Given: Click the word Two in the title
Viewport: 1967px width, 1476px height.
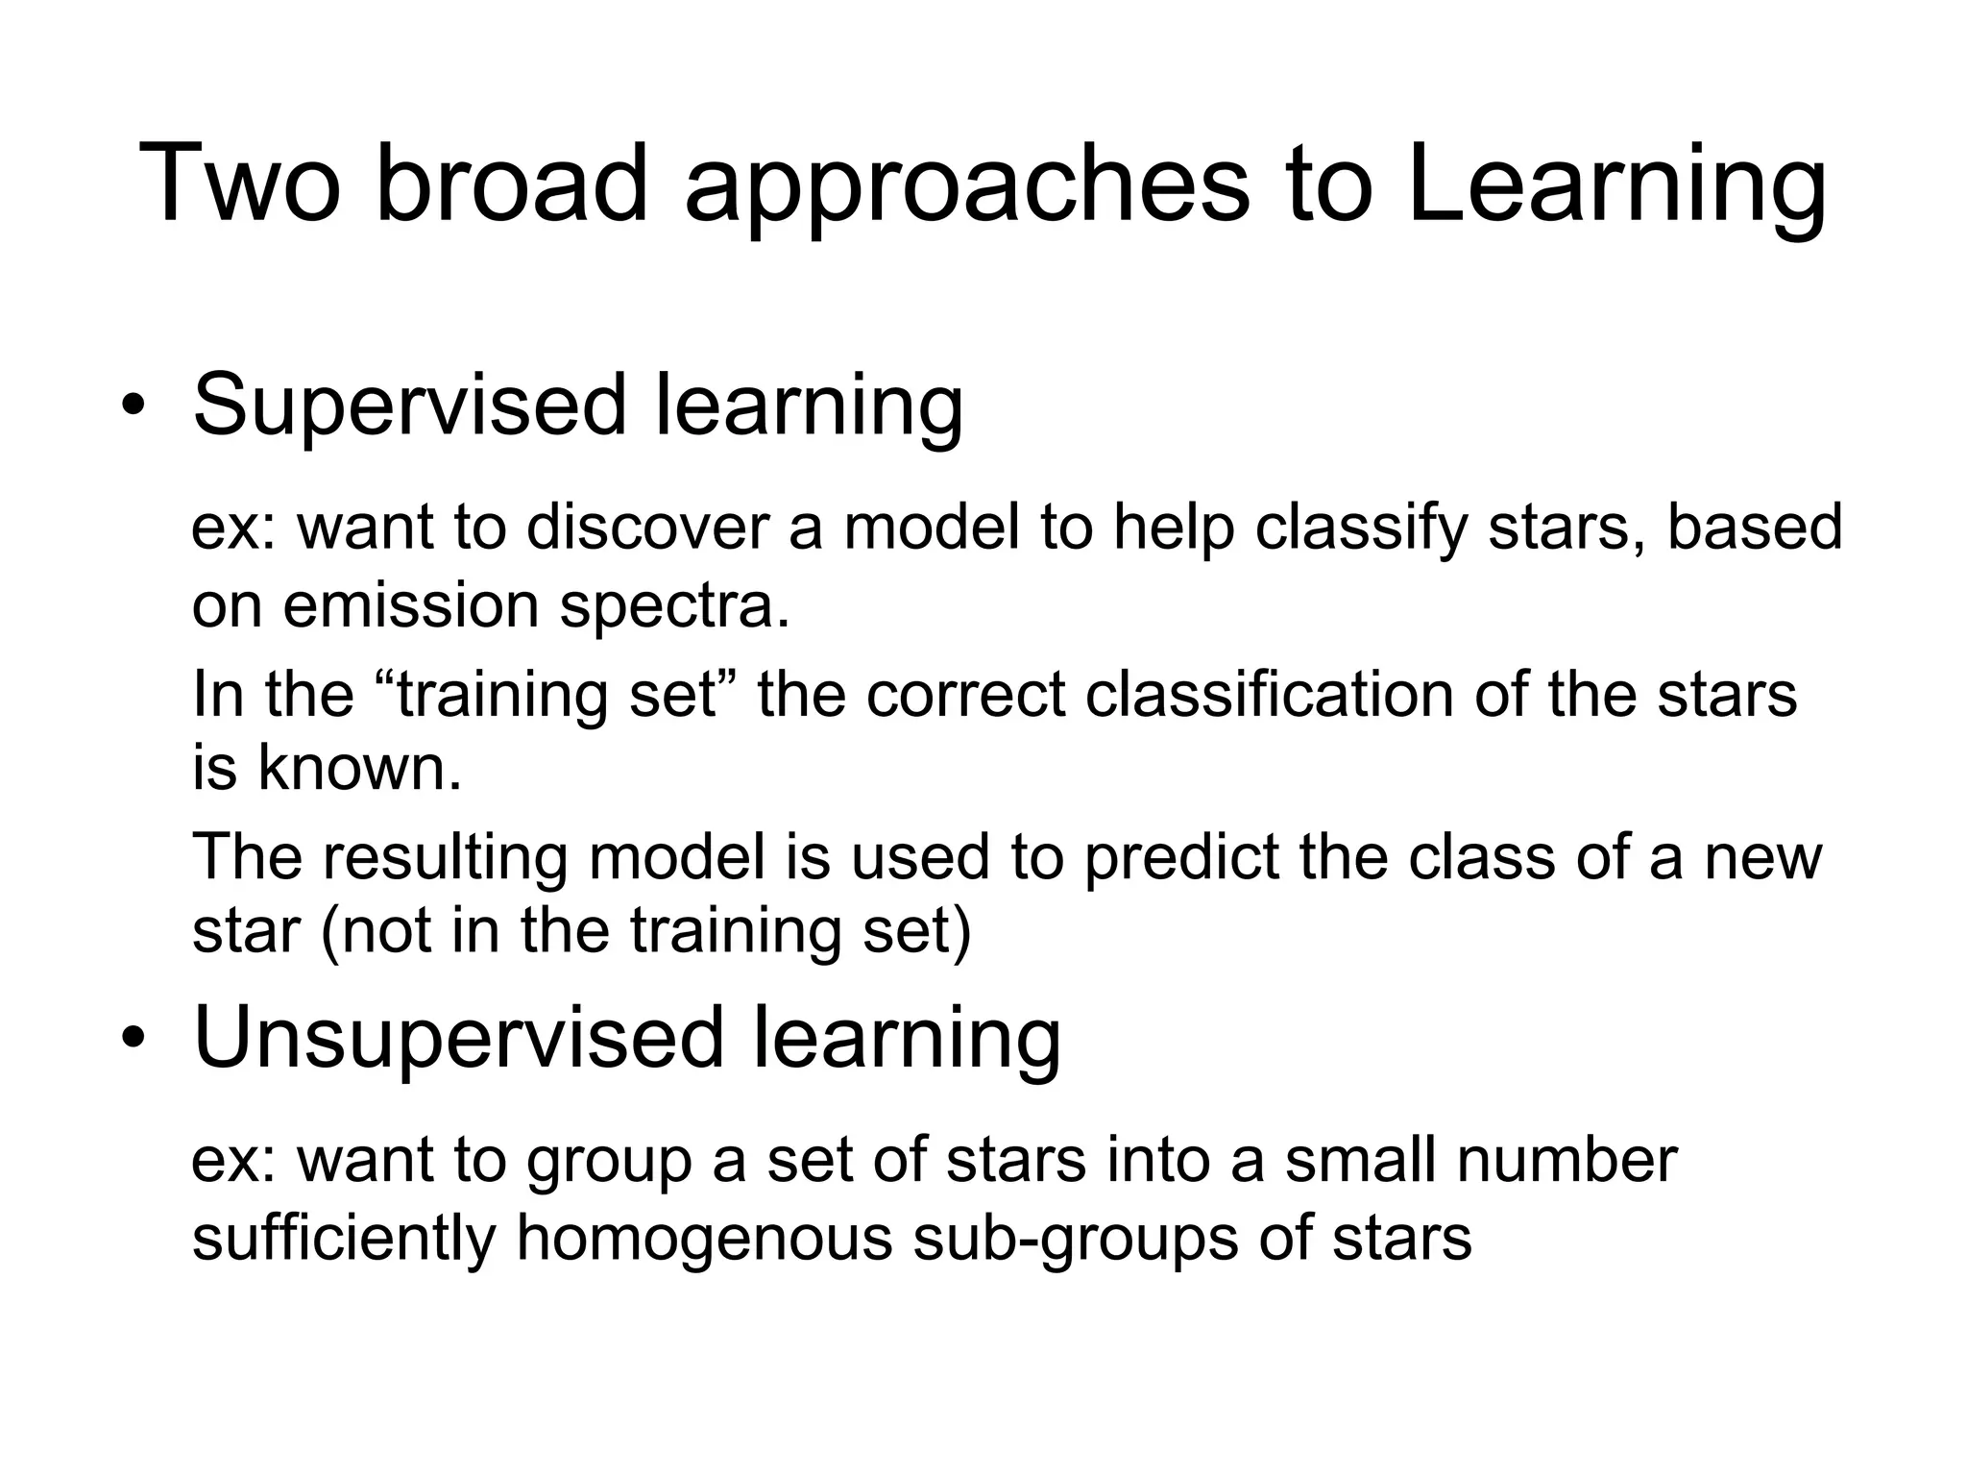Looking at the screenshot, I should [239, 184].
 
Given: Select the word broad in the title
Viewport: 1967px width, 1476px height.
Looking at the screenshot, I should [513, 184].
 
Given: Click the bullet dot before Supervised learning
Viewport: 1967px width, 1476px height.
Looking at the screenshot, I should [132, 405].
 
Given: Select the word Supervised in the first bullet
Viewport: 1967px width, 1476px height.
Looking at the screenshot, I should [411, 406].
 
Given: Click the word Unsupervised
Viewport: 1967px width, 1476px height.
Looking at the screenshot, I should [458, 1040].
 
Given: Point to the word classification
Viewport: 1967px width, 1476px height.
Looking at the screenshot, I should [1269, 694].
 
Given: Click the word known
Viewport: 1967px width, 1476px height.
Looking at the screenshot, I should [359, 769].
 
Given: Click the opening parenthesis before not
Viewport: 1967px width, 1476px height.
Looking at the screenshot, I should [329, 932].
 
